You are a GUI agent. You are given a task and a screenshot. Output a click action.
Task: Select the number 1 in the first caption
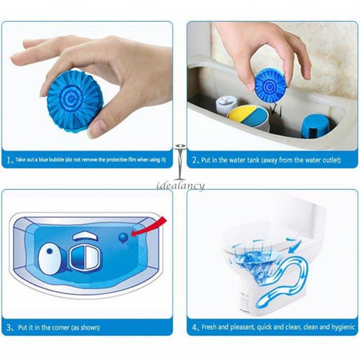pyautogui.click(x=9, y=160)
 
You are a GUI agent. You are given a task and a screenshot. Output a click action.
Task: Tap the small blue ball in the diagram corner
pyautogui.click(x=123, y=233)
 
